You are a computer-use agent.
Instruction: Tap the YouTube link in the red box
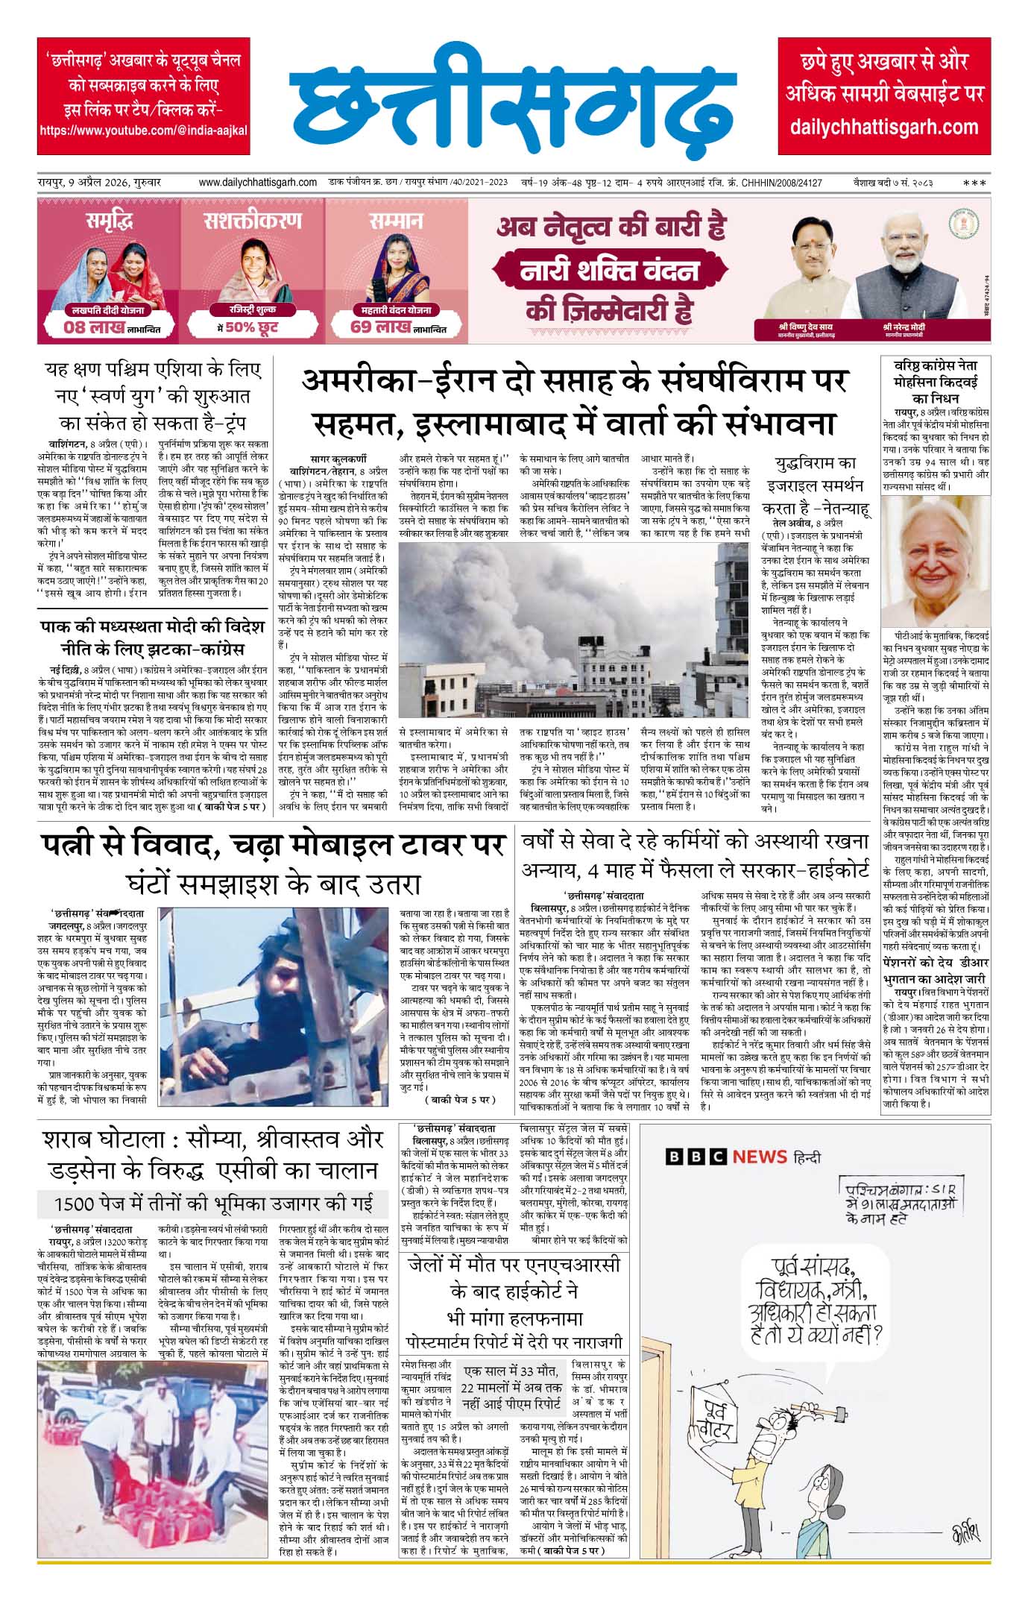143,130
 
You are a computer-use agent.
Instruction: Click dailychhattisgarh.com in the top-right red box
884,126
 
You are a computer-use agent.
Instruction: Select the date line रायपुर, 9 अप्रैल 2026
100,183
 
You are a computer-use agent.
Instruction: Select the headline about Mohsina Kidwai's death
936,381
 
